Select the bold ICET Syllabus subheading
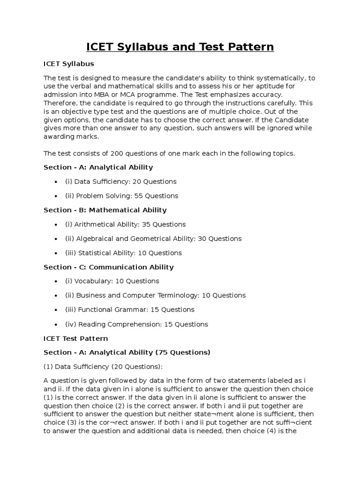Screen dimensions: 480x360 68,63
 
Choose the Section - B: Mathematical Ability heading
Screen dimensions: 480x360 105,210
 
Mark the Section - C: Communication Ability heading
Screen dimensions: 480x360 108,267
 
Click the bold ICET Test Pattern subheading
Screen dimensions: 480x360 75,338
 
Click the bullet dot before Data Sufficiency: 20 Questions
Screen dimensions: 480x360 56,181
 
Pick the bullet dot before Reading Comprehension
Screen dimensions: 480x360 56,324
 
